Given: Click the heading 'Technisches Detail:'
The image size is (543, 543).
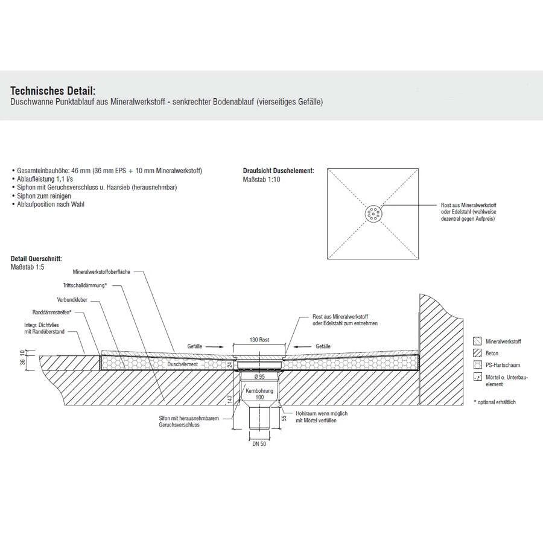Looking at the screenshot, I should (52, 90).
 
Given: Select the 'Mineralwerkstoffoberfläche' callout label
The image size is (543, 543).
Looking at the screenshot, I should (106, 272).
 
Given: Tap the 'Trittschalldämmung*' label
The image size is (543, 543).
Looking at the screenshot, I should (84, 285).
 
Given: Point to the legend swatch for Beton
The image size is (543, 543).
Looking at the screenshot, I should (478, 353).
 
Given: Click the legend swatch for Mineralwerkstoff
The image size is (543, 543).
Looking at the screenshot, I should (478, 341).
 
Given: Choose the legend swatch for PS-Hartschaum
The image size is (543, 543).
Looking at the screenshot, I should (478, 365).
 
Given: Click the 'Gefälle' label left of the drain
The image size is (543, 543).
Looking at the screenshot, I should (194, 348).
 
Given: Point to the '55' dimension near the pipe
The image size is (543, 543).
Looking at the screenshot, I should (284, 418).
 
